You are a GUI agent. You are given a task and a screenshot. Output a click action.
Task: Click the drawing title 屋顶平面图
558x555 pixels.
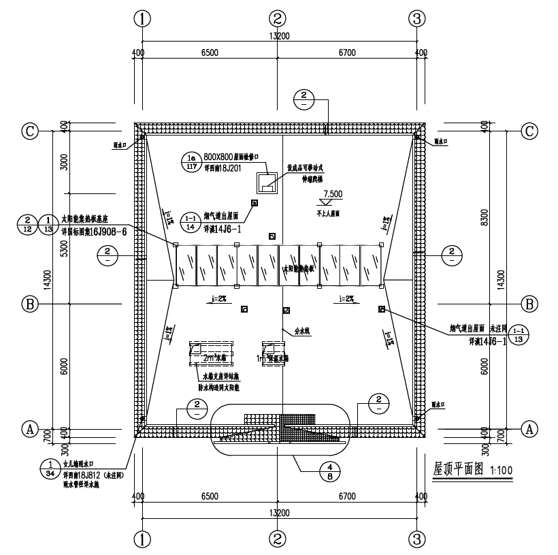pos(457,469)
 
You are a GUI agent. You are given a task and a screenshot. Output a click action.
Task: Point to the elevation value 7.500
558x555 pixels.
pos(333,193)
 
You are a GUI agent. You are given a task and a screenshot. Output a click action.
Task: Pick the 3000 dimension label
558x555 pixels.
pos(63,162)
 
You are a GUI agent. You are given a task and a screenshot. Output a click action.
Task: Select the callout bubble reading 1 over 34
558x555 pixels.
pos(50,469)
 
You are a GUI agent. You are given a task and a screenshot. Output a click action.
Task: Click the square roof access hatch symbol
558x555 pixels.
pos(266,183)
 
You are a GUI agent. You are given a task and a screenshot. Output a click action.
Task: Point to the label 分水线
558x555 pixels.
pos(301,332)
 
